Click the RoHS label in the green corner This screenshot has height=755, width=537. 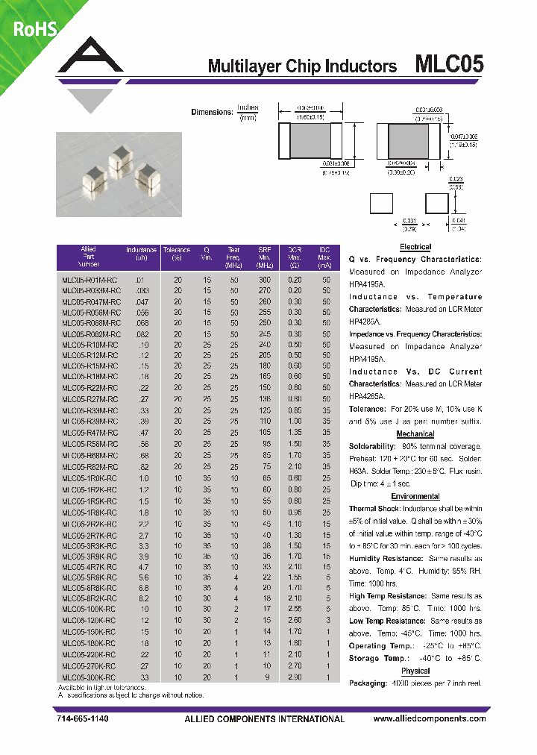32,29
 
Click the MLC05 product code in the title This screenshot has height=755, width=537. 448,65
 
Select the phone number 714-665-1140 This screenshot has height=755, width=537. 83,719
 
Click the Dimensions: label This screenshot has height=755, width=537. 212,112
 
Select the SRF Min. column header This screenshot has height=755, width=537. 264,257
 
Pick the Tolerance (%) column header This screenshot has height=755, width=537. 178,254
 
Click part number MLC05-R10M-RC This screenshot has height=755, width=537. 89,345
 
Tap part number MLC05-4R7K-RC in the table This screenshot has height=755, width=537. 89,566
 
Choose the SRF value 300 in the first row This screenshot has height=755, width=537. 264,279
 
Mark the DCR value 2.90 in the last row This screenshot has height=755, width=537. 295,677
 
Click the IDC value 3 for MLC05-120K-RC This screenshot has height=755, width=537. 325,621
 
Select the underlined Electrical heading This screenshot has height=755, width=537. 415,247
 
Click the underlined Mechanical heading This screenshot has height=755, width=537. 415,433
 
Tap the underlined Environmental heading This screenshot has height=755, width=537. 415,496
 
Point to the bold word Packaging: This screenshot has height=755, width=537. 368,683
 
